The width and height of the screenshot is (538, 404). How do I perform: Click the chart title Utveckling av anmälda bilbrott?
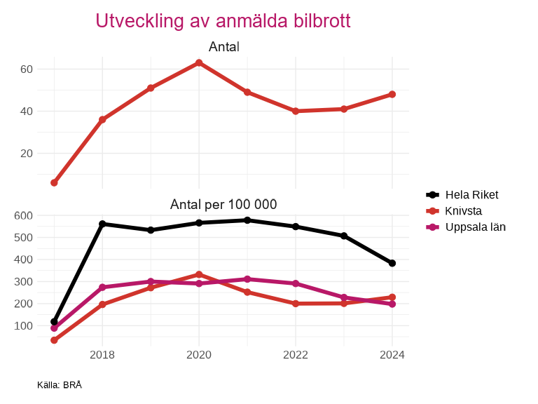(x=223, y=21)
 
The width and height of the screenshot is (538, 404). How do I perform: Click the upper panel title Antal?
(x=223, y=47)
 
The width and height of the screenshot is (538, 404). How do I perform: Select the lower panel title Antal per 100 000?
(x=223, y=205)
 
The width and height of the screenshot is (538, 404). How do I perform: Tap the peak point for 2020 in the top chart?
(x=199, y=63)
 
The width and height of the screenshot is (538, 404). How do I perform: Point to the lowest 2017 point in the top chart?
(x=54, y=183)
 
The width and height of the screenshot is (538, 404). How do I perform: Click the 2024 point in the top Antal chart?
(x=392, y=94)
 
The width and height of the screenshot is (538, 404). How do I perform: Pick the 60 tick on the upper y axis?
(x=27, y=69)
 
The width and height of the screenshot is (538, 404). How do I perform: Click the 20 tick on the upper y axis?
(x=27, y=154)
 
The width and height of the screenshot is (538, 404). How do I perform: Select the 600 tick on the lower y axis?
(x=24, y=215)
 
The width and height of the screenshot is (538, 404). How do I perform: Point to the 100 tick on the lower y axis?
(x=24, y=326)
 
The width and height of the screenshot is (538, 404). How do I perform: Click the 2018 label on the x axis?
(x=102, y=354)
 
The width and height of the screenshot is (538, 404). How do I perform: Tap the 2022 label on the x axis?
(x=296, y=354)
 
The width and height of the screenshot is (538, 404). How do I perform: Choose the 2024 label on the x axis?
(x=392, y=354)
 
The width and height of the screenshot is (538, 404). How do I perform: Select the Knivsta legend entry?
(x=463, y=211)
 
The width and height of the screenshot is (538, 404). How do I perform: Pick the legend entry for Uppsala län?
(x=475, y=227)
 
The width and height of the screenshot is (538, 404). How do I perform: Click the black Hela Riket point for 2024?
(x=392, y=263)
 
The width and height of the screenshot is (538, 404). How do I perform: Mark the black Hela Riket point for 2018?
(x=102, y=224)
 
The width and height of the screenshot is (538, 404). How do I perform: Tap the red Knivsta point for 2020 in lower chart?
(x=199, y=274)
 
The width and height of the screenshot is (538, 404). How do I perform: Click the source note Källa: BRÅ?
(x=60, y=385)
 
